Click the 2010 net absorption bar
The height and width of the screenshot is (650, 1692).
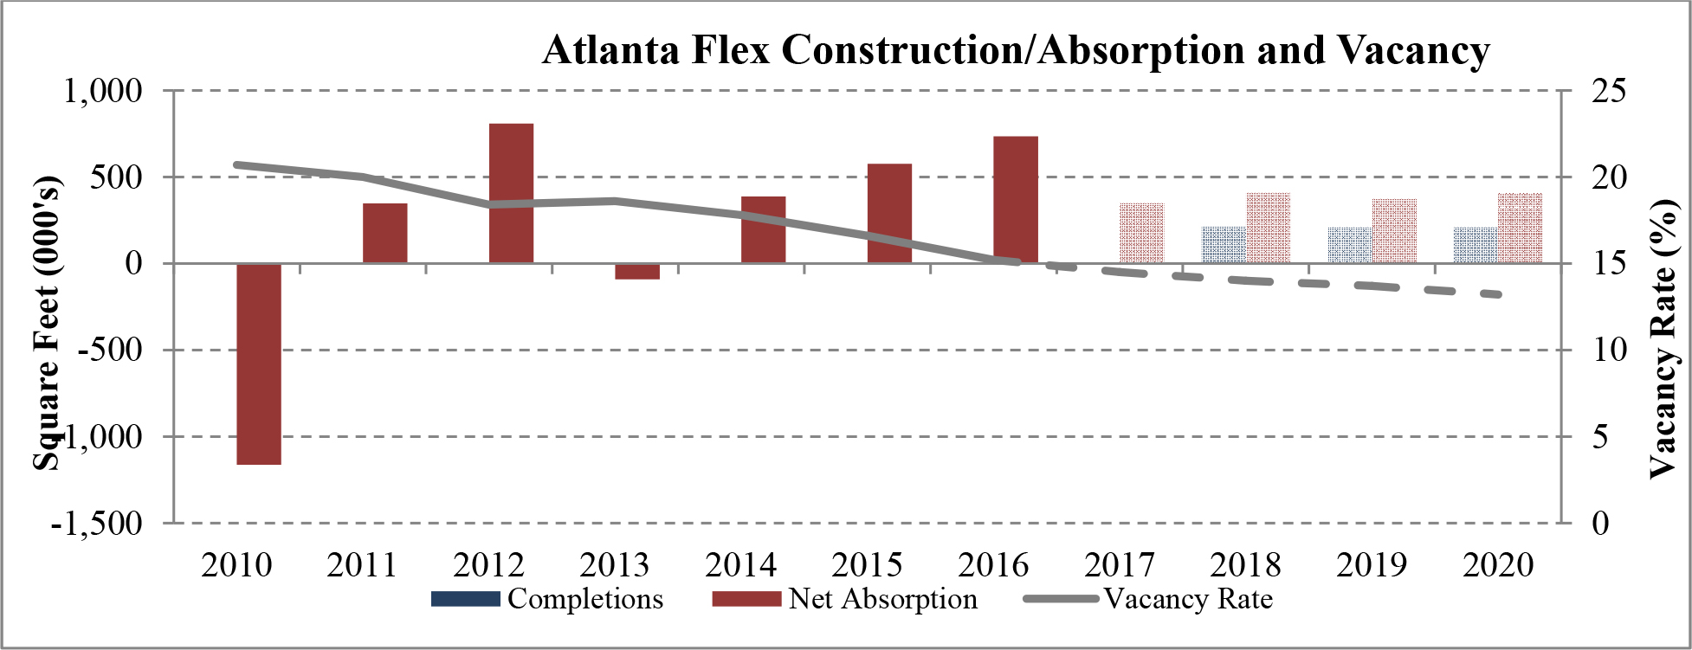click(259, 364)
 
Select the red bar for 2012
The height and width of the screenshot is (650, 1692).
click(511, 193)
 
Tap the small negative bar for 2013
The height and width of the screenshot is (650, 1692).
click(637, 272)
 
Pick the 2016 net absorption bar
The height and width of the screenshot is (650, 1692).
click(1015, 199)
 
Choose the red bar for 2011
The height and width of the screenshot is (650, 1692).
click(384, 233)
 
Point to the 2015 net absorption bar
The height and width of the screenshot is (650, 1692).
click(889, 213)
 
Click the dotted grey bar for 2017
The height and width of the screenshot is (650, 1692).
click(1141, 233)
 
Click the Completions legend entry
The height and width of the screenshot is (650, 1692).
click(546, 599)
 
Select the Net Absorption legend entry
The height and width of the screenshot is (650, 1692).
click(844, 599)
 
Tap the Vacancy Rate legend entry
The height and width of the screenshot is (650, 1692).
click(1148, 599)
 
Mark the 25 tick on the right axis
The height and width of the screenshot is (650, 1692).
click(1609, 90)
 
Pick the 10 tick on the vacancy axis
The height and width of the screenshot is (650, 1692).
click(1609, 350)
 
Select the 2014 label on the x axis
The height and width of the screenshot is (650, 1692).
click(740, 565)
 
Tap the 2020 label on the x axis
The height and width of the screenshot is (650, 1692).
click(1498, 565)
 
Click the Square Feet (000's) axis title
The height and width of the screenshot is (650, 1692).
click(48, 324)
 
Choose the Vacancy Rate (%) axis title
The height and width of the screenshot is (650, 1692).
click(1662, 338)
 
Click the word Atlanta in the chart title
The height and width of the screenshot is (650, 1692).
click(611, 50)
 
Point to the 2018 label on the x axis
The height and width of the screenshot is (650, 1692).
click(1245, 565)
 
